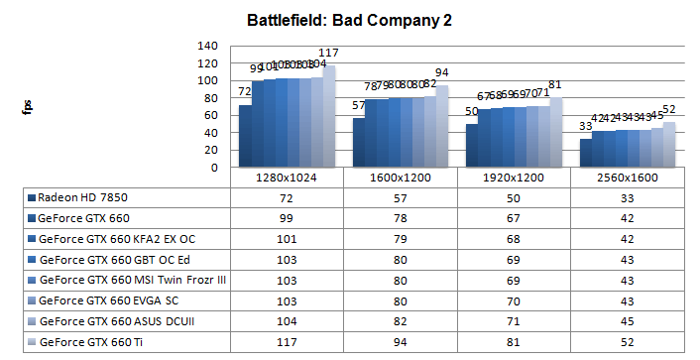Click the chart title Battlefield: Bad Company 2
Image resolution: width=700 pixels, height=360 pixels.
[x=349, y=21]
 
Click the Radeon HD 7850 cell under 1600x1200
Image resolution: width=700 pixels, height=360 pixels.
[x=400, y=197]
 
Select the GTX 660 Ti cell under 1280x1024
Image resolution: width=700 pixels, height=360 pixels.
[x=286, y=342]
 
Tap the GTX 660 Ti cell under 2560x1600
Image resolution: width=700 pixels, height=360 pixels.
[x=627, y=342]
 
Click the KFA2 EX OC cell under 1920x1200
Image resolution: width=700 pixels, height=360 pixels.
[x=513, y=239]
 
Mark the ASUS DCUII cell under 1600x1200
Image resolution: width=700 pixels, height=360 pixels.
[x=400, y=321]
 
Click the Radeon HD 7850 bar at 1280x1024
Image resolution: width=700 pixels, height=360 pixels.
[x=245, y=137]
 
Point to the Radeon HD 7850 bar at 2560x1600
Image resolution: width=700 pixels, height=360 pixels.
[x=586, y=154]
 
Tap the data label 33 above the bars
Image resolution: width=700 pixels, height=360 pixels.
[x=585, y=126]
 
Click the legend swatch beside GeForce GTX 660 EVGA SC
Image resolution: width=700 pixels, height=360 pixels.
[x=34, y=300]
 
